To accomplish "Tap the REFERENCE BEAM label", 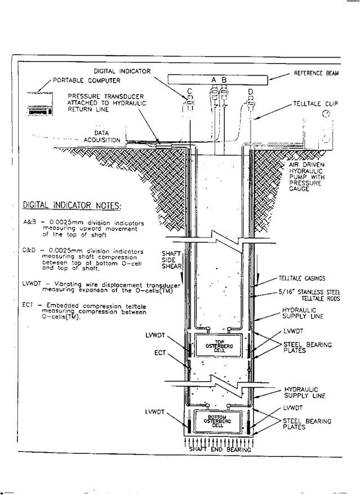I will click(317, 74).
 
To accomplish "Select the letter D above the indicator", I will click(250, 91).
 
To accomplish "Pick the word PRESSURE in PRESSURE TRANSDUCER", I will click(87, 96).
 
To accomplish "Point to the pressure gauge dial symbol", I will click(327, 114).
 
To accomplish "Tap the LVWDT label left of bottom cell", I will click(154, 412).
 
